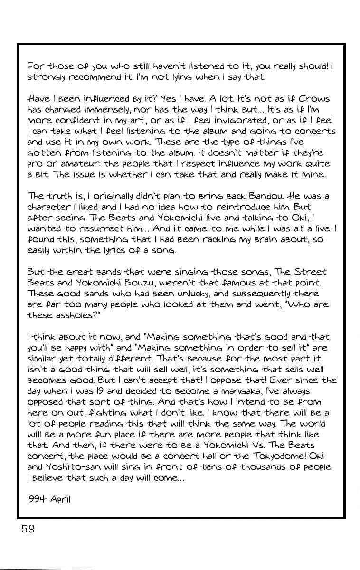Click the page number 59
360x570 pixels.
28,529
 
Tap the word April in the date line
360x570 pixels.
60,500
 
